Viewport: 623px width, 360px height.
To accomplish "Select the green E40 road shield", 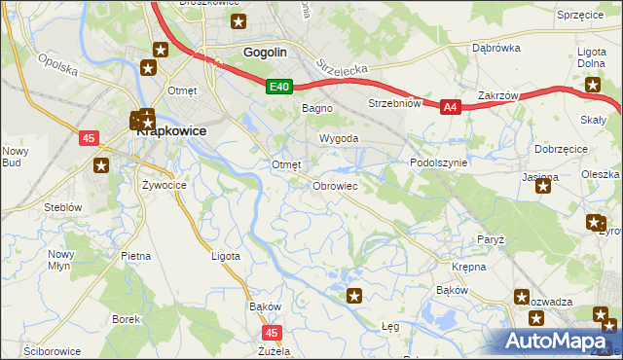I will pyautogui.click(x=278, y=88).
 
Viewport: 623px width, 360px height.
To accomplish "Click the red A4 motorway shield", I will pyautogui.click(x=450, y=108).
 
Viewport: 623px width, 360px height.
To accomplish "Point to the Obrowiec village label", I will pyautogui.click(x=336, y=185).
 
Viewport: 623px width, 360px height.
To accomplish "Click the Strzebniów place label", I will pyautogui.click(x=393, y=103).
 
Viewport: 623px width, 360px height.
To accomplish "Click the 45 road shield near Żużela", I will pyautogui.click(x=272, y=332).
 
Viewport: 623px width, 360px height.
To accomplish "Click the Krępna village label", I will pyautogui.click(x=469, y=266).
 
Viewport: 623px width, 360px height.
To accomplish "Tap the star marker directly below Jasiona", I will pyautogui.click(x=542, y=185).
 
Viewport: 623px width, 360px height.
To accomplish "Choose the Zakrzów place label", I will pyautogui.click(x=497, y=96).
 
